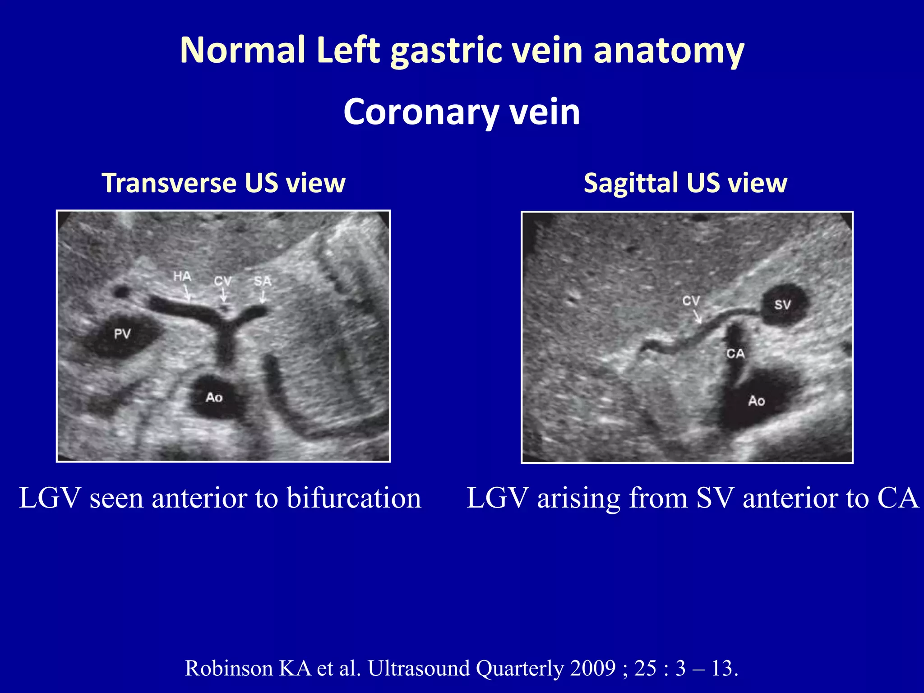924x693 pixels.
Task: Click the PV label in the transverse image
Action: [122, 334]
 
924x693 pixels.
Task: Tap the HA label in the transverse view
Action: [182, 276]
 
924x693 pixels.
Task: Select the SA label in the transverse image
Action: [263, 281]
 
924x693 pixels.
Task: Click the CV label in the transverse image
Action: [222, 281]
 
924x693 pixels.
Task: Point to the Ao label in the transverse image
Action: [214, 397]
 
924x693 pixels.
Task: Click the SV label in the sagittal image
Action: [783, 305]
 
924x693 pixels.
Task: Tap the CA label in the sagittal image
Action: [735, 354]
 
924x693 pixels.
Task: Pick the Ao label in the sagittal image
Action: [757, 401]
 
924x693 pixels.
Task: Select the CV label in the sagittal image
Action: [691, 300]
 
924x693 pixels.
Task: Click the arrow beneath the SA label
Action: [263, 297]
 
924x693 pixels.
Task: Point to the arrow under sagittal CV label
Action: [697, 316]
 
